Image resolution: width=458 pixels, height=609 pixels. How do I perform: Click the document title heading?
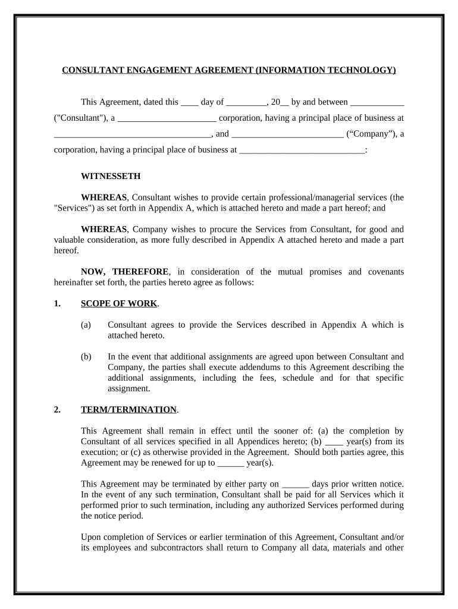point(229,70)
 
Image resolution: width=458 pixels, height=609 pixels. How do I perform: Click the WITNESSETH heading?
point(111,176)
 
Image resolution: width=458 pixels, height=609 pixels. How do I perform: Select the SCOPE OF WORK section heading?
point(119,304)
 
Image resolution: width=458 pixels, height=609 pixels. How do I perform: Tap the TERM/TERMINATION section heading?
point(128,410)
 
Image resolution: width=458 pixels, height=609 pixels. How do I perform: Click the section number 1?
point(57,304)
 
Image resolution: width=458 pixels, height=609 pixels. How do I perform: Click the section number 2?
point(57,410)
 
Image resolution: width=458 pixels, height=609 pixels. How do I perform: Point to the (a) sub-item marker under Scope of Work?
point(86,325)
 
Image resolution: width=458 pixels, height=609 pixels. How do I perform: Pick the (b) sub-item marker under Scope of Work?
point(86,357)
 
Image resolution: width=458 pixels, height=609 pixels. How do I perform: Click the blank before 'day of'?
point(190,103)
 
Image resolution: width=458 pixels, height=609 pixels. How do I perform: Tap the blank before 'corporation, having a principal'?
point(167,119)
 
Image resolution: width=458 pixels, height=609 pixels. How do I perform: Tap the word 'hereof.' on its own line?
point(66,250)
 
